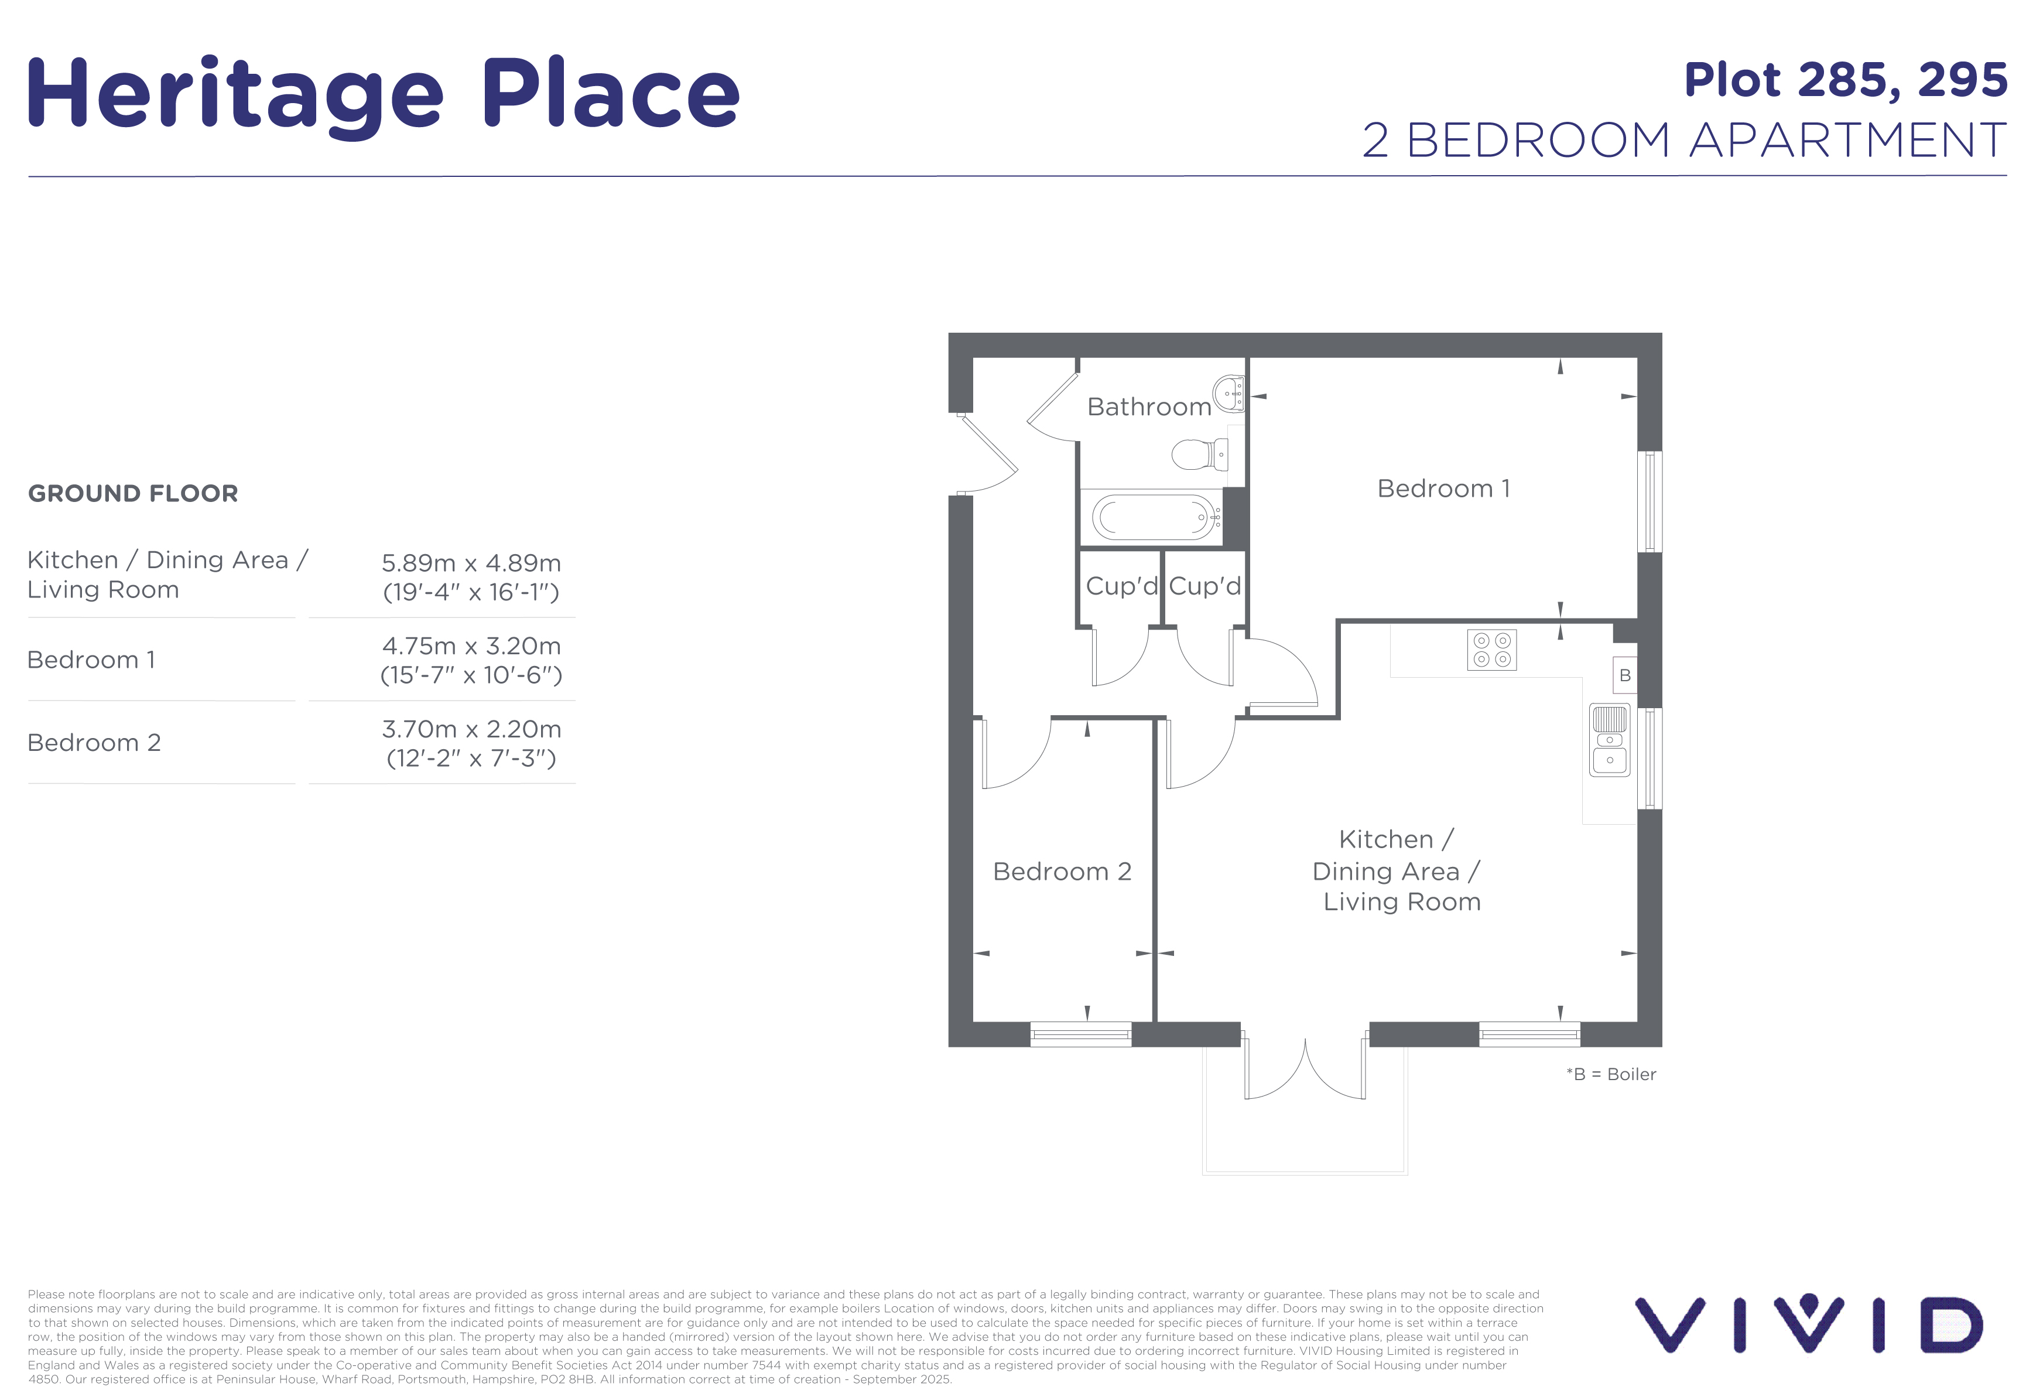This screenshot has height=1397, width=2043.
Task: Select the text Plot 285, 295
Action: (1845, 80)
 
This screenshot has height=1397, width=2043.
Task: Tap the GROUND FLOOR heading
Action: (133, 493)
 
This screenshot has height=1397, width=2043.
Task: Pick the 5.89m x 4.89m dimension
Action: (471, 563)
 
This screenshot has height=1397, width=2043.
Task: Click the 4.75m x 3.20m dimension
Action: (471, 646)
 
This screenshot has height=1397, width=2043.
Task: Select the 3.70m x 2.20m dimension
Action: (471, 729)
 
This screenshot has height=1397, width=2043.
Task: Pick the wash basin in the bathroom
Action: (1229, 394)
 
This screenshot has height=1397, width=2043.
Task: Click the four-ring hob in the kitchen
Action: (1492, 650)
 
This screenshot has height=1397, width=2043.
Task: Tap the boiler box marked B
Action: (1624, 675)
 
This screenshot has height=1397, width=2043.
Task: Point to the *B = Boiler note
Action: (1611, 1074)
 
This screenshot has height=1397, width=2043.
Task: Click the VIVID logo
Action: (1808, 1324)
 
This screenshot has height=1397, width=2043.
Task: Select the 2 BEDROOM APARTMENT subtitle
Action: (1684, 140)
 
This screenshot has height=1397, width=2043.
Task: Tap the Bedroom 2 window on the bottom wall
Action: (1080, 1034)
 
